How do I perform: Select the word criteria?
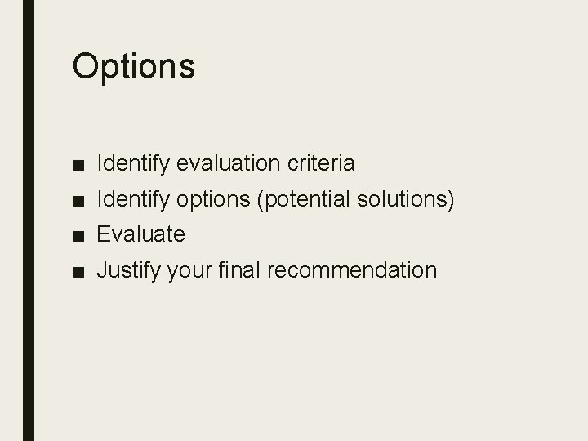(x=322, y=163)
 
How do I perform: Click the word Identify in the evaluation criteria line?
(x=131, y=163)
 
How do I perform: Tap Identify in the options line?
(x=131, y=199)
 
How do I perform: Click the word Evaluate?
(x=141, y=234)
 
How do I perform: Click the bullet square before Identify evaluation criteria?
(x=78, y=165)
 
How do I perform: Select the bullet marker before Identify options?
(x=78, y=200)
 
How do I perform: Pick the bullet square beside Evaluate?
(x=78, y=236)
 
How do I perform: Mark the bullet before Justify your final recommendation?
(x=78, y=271)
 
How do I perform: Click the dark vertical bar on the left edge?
(x=29, y=220)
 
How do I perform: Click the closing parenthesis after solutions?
(x=451, y=199)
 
